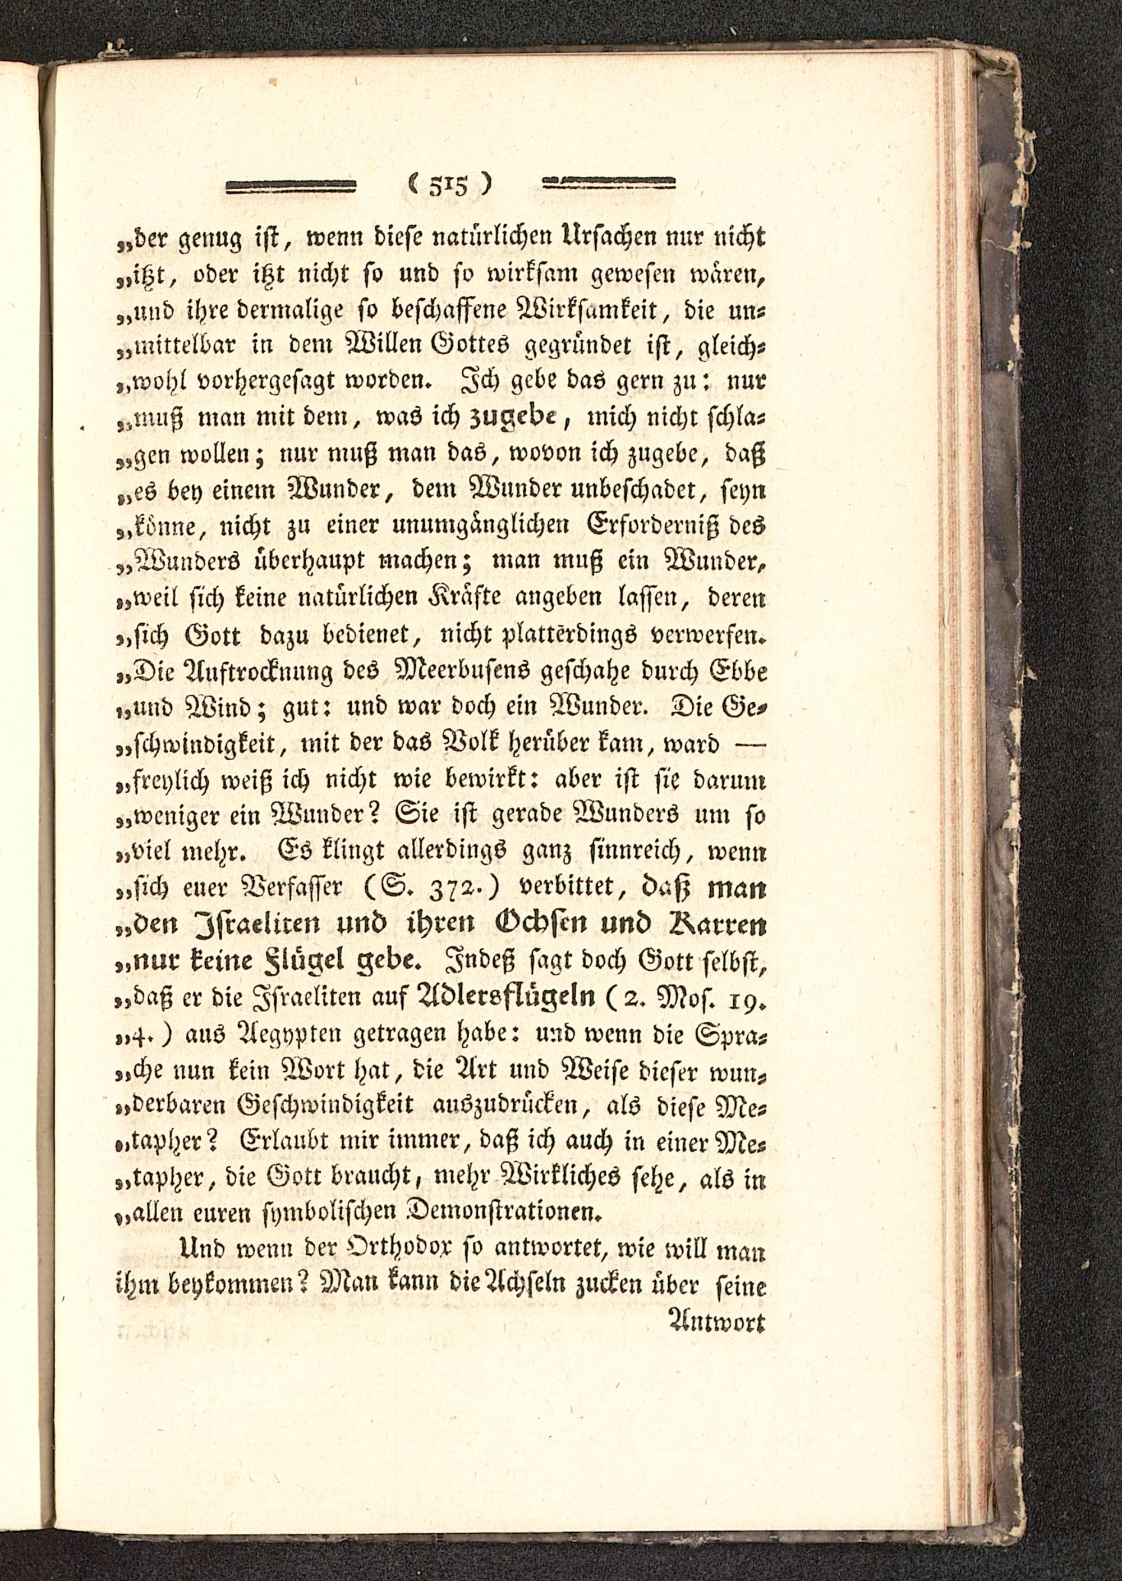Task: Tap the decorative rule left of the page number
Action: pyautogui.click(x=291, y=185)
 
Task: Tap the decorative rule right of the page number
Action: pyautogui.click(x=609, y=184)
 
